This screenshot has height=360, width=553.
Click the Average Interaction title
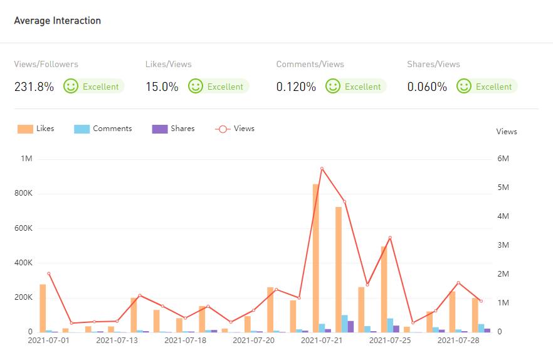coord(58,21)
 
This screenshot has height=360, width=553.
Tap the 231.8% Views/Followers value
coord(34,87)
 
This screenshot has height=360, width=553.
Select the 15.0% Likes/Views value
coord(162,87)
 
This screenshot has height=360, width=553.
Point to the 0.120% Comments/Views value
coord(296,87)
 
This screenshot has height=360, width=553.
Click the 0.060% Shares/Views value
coord(427,87)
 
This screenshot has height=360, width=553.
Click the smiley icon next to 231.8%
coord(71,86)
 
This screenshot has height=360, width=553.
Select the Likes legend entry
coord(36,129)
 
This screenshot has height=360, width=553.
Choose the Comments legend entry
coord(103,129)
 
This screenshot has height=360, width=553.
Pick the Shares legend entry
coord(174,129)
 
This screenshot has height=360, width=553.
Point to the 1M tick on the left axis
coord(26,159)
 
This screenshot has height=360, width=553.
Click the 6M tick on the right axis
coord(503,159)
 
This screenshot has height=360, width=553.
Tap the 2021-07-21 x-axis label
coord(322,341)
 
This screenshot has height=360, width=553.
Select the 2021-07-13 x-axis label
coord(117,341)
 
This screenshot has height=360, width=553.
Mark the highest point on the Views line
coord(322,169)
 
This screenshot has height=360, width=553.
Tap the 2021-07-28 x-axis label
coord(458,341)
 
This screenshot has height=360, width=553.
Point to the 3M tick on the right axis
coord(503,245)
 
